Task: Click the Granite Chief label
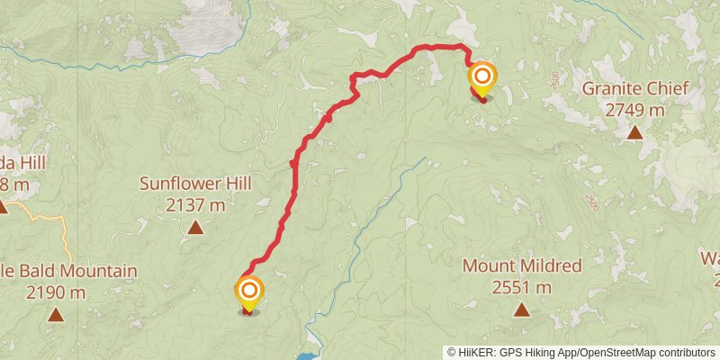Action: click(x=635, y=89)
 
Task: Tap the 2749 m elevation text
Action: click(x=635, y=110)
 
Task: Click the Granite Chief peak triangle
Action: click(x=635, y=133)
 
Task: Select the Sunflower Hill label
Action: click(x=194, y=184)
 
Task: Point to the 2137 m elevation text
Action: click(x=194, y=205)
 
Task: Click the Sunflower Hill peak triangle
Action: click(x=195, y=228)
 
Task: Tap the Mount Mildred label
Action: click(x=522, y=266)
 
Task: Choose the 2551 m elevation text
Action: click(x=522, y=288)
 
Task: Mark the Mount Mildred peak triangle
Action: click(x=522, y=310)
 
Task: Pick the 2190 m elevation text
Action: click(x=56, y=292)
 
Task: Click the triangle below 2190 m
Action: click(x=56, y=315)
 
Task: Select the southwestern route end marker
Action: click(x=248, y=292)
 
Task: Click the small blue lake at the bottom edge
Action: click(x=306, y=356)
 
